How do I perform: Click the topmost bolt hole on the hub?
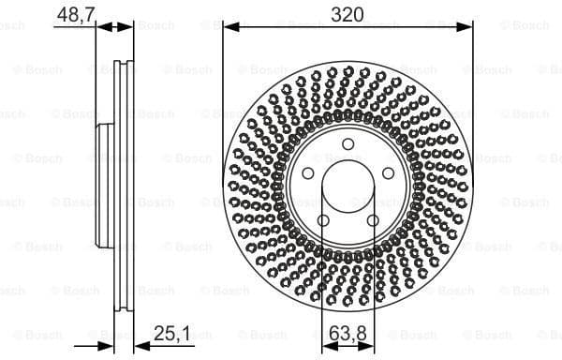pyautogui.click(x=348, y=144)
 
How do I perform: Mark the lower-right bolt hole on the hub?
pyautogui.click(x=373, y=220)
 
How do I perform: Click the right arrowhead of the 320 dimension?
pyautogui.click(x=467, y=28)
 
